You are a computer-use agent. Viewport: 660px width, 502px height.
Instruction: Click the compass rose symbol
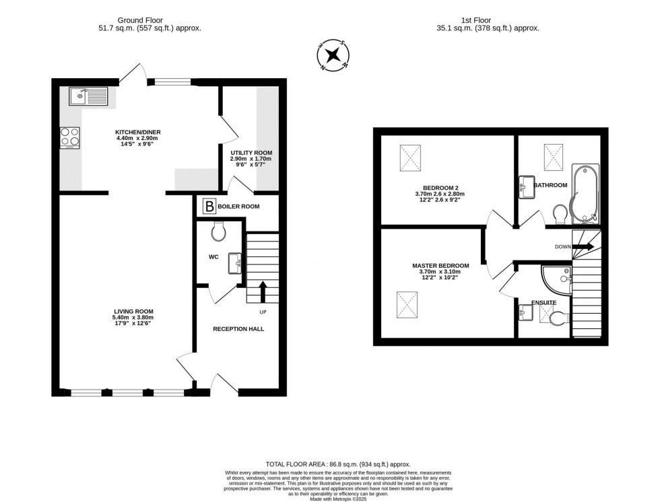[x=333, y=55]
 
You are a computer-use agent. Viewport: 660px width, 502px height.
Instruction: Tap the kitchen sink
[x=88, y=96]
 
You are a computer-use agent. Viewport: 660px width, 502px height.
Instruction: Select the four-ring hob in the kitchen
[x=69, y=137]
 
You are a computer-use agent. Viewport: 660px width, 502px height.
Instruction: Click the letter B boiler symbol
[x=209, y=207]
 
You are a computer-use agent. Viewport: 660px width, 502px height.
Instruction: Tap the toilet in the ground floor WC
[x=218, y=232]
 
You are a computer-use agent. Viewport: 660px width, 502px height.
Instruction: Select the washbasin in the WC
[x=234, y=263]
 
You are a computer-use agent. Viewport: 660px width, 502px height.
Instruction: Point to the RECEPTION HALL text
[x=238, y=329]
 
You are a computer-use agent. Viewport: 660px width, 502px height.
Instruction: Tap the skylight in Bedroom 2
[x=410, y=158]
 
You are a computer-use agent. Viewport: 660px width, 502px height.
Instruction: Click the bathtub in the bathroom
[x=583, y=192]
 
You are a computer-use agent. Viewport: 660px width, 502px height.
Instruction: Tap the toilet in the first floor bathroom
[x=559, y=214]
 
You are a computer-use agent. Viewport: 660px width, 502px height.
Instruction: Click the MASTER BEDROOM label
[x=440, y=266]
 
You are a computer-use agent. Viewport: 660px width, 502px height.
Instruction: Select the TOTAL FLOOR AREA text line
[x=338, y=464]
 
